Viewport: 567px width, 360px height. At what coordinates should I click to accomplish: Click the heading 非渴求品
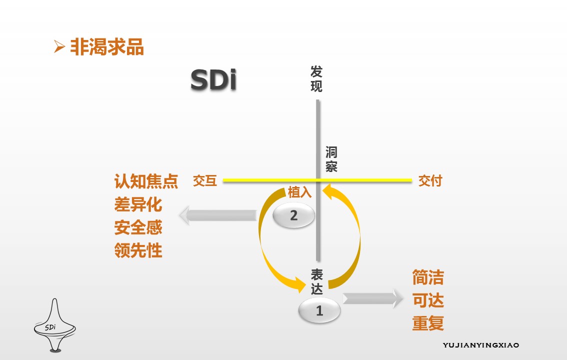(x=106, y=47)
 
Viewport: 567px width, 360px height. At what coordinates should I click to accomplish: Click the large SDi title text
(x=213, y=80)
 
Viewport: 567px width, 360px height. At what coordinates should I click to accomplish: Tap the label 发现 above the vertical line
(x=316, y=79)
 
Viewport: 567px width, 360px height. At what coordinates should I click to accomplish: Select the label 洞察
(x=331, y=159)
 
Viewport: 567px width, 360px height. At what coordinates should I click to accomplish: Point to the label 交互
(x=205, y=180)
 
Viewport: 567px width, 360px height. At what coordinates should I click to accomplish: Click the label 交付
(x=430, y=180)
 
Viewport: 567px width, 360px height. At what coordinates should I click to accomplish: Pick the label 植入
(x=299, y=192)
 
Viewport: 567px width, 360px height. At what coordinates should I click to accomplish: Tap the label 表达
(x=317, y=282)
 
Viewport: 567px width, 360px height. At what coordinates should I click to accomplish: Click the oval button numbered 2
(x=294, y=215)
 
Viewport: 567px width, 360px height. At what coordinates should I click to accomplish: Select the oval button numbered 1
(x=319, y=310)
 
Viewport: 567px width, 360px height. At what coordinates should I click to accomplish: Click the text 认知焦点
(x=146, y=181)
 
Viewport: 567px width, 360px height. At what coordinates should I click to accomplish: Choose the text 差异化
(x=138, y=204)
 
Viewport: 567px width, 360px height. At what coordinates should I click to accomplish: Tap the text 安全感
(x=138, y=227)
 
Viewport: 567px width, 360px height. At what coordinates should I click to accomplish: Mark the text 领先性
(x=138, y=250)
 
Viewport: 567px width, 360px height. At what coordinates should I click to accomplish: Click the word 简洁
(x=428, y=277)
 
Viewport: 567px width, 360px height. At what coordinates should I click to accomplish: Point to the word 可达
(x=428, y=300)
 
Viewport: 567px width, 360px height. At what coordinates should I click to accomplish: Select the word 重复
(x=428, y=323)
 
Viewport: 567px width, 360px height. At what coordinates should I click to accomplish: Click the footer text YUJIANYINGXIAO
(x=481, y=345)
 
